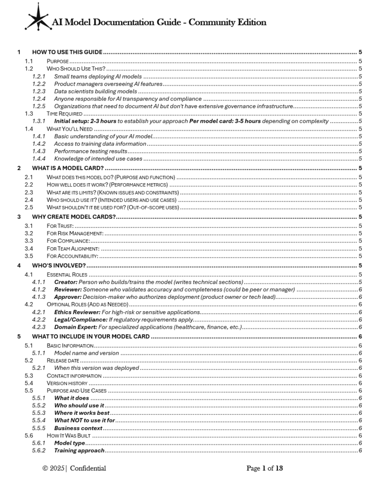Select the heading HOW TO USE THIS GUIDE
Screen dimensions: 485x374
(67, 52)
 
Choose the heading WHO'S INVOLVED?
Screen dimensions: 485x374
(59, 265)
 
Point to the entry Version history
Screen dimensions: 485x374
(67, 383)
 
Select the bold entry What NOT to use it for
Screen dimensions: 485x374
(85, 421)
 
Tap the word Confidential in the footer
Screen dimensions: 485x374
(88, 468)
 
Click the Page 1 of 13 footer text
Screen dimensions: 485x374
(265, 468)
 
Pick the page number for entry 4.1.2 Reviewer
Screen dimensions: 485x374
(360, 290)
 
